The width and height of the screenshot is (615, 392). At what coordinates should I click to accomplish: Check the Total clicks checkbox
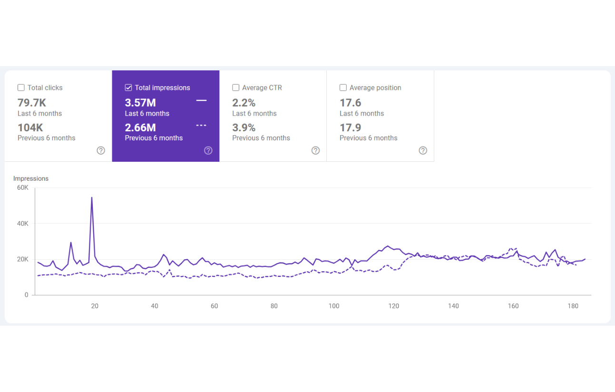coord(21,88)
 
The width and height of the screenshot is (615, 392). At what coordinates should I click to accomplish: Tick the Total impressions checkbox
coord(128,88)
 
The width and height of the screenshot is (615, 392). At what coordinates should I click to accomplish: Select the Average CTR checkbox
coord(236,88)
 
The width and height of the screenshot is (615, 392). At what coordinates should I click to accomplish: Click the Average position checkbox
coord(343,88)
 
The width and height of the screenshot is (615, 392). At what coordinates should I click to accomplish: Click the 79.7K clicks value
coord(32,103)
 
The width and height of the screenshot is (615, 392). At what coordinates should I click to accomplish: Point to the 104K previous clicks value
coord(30,127)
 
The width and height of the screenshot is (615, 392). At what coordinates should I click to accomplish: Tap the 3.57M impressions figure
coord(140,103)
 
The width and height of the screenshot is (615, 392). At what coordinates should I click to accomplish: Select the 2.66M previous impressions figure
coord(140,127)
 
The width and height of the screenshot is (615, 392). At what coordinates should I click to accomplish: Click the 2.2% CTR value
coord(244,103)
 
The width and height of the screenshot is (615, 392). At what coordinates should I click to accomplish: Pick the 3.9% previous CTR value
coord(244,127)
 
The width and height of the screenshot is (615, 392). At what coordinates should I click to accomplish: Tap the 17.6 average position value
coord(351,103)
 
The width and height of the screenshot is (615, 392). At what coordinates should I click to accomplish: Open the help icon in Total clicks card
coord(101,150)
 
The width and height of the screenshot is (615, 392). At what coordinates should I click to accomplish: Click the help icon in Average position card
coord(423,150)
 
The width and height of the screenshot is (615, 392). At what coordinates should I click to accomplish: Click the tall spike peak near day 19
coord(92,197)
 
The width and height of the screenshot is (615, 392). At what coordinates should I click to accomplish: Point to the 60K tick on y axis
coord(23,188)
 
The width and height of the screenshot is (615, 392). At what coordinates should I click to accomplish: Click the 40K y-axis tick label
coord(23,224)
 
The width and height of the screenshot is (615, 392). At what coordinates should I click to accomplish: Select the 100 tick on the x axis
coord(334,306)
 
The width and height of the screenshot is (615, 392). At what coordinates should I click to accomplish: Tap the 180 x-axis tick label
coord(573,306)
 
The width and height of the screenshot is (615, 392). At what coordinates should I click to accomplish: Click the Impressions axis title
coord(31,178)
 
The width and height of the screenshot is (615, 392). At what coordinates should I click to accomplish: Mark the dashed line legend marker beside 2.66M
coord(201,125)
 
